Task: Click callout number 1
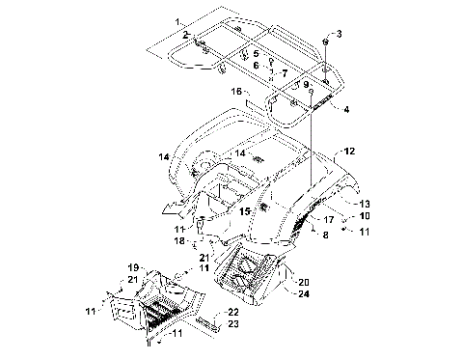click(x=177, y=22)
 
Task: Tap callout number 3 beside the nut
click(x=339, y=34)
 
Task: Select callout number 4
click(x=346, y=110)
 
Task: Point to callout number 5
click(x=256, y=54)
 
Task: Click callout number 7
click(x=285, y=73)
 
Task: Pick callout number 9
click(x=306, y=85)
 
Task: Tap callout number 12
click(x=350, y=151)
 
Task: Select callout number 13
click(x=365, y=204)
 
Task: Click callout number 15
click(x=245, y=211)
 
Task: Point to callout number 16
click(x=236, y=92)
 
